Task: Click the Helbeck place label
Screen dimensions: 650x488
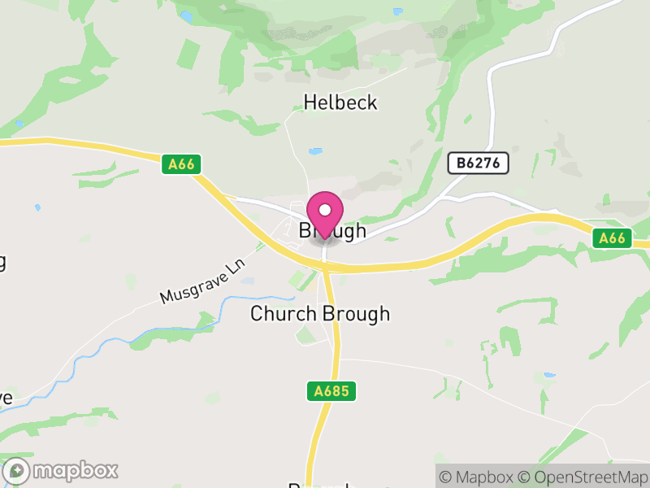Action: tap(340, 103)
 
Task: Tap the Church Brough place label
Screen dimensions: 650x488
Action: tap(320, 314)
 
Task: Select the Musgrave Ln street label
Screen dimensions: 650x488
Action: tap(202, 282)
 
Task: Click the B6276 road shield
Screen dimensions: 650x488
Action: tap(479, 163)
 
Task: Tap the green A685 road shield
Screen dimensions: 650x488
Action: tap(332, 391)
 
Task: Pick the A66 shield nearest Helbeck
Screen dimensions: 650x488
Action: tap(181, 164)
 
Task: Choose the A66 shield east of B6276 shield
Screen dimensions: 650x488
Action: tap(612, 237)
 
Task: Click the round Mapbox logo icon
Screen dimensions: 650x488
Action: tap(18, 471)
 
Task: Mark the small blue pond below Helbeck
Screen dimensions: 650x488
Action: tap(315, 151)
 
